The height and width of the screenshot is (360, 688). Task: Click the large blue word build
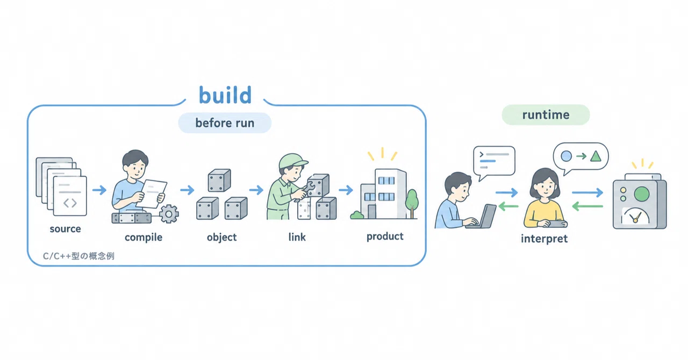click(x=225, y=95)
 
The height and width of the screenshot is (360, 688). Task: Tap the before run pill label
click(x=225, y=123)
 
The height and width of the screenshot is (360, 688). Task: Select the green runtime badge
click(x=546, y=114)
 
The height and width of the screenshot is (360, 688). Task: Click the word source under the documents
click(x=65, y=229)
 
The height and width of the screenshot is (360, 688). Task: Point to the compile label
click(x=144, y=237)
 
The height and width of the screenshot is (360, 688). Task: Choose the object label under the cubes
click(x=221, y=237)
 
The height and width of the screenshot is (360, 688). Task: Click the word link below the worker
click(x=297, y=237)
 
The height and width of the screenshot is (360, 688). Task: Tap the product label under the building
click(x=385, y=236)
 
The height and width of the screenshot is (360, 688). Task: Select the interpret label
click(x=544, y=239)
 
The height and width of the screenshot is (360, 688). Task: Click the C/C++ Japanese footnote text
click(x=78, y=256)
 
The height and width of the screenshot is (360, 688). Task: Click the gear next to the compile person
click(x=169, y=214)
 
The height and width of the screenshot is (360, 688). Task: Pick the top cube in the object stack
click(x=219, y=180)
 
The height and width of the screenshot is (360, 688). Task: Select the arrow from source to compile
click(x=99, y=190)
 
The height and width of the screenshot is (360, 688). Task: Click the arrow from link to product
click(x=346, y=190)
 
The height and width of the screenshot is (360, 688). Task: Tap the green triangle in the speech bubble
click(x=596, y=156)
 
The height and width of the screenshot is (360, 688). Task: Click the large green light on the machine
click(x=642, y=194)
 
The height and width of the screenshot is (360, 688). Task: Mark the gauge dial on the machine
click(x=635, y=215)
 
